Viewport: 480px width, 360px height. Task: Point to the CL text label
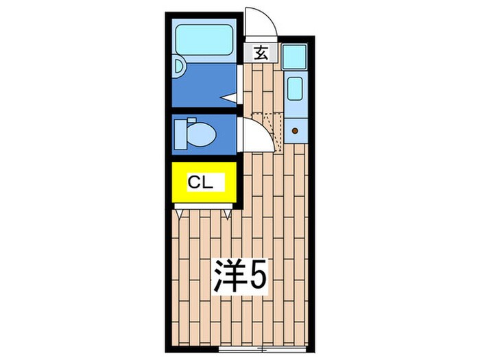click(202, 182)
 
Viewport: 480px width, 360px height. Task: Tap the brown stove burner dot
click(296, 130)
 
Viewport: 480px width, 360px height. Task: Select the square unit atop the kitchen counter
click(296, 56)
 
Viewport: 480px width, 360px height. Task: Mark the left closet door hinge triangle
click(180, 213)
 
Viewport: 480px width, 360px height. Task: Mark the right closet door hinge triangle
click(227, 213)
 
